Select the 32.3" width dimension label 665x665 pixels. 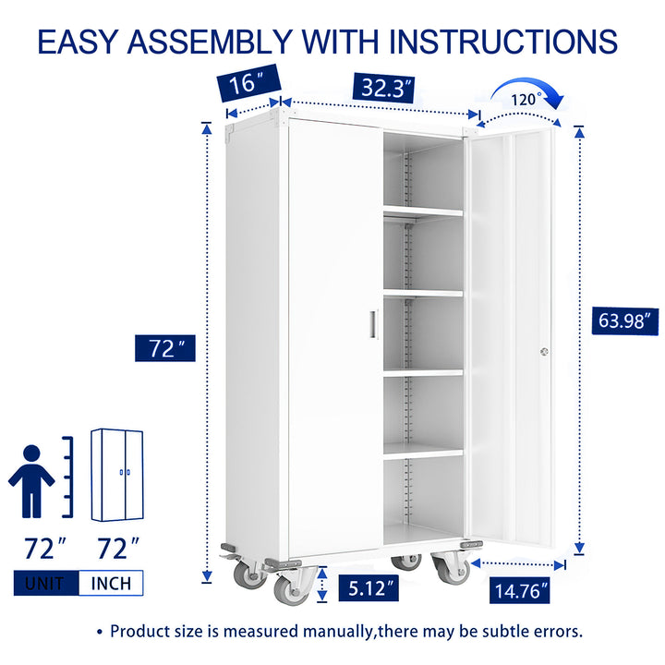pyautogui.click(x=382, y=88)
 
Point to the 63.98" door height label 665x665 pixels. pyautogui.click(x=624, y=321)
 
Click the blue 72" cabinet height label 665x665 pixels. pyautogui.click(x=166, y=348)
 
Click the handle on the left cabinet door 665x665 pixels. pyautogui.click(x=373, y=324)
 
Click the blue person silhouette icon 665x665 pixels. pyautogui.click(x=32, y=479)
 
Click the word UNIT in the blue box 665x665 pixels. pyautogui.click(x=45, y=583)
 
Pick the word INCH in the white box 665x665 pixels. pyautogui.click(x=111, y=583)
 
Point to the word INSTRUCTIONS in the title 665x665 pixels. pyautogui.click(x=503, y=42)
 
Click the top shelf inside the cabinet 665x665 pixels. pyautogui.click(x=423, y=212)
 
